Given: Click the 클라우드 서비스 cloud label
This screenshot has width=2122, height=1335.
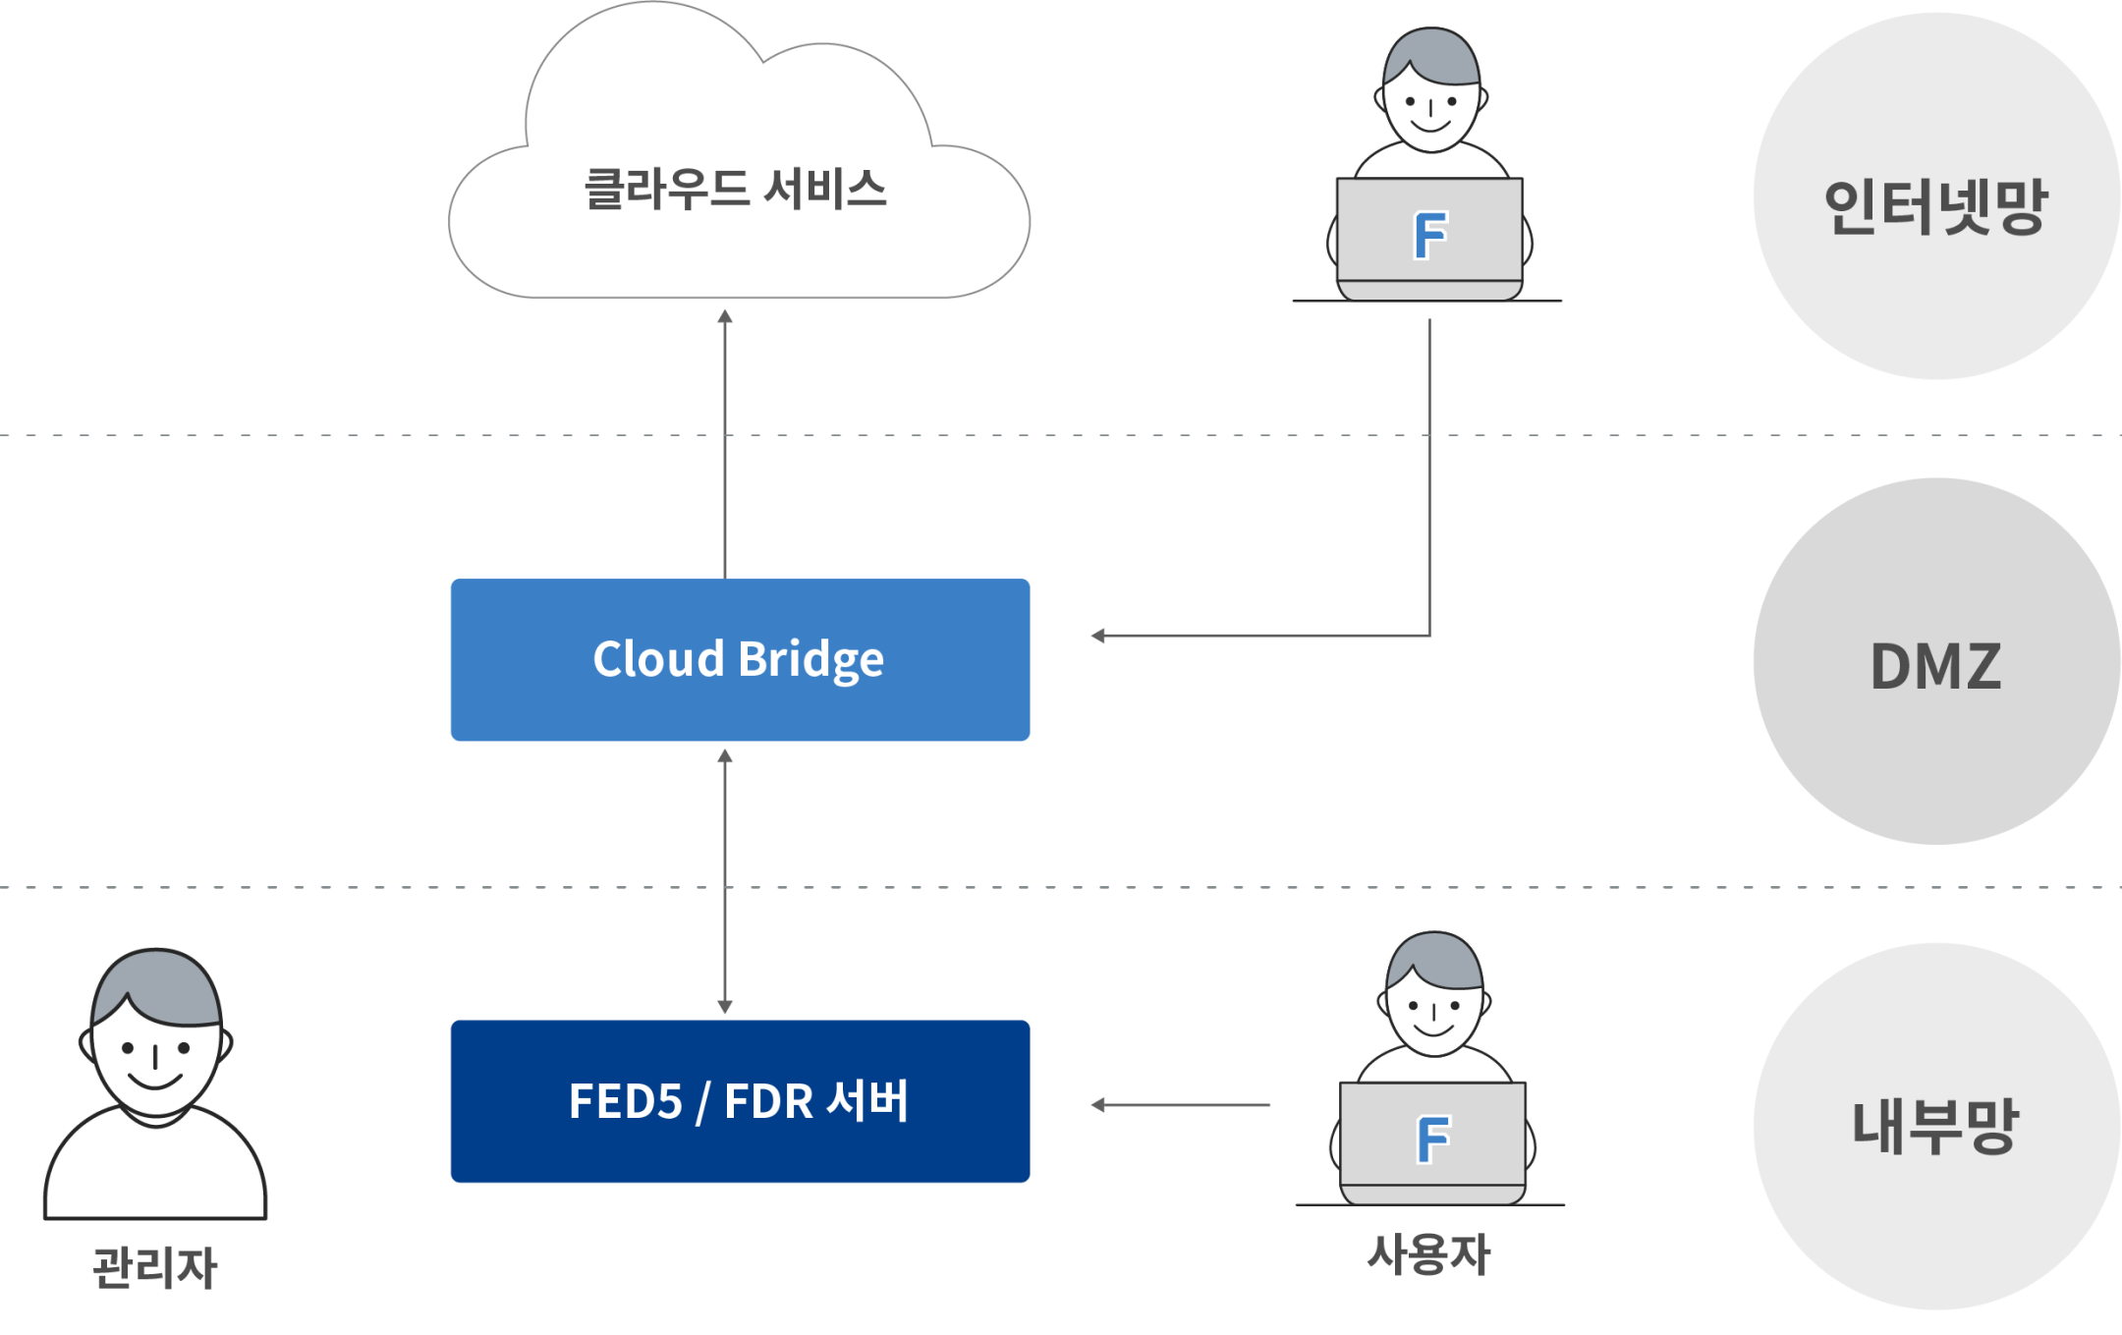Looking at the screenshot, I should [x=735, y=189].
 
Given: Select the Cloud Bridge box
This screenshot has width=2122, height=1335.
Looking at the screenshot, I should [x=740, y=660].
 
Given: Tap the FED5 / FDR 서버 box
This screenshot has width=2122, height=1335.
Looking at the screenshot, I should [x=740, y=1101].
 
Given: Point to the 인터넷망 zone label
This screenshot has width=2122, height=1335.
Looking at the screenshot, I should [x=1934, y=206].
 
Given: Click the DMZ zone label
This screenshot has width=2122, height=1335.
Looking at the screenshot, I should [x=1935, y=667].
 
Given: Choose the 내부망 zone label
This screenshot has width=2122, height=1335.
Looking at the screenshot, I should [x=1934, y=1126].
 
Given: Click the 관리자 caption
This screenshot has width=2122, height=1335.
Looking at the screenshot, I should [x=155, y=1266].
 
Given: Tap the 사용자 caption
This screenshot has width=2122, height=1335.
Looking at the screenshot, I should [x=1429, y=1254].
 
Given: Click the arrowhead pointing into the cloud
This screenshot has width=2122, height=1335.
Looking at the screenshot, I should [x=725, y=316].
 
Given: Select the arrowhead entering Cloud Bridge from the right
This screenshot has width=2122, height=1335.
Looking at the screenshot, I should [x=1097, y=636].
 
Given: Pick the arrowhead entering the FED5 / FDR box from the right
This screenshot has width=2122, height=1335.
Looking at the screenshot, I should [x=1097, y=1105].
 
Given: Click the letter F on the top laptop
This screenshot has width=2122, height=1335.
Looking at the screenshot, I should [x=1430, y=236].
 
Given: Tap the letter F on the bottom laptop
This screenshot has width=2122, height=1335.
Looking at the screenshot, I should [x=1433, y=1140].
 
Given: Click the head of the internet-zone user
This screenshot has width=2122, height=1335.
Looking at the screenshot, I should [x=1430, y=93].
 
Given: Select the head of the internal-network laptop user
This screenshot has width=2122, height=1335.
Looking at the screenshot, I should [x=1433, y=997].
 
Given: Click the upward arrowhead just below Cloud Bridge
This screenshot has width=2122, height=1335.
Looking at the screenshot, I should [x=725, y=756].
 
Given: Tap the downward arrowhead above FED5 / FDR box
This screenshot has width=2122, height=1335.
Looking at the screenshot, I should [x=725, y=1007].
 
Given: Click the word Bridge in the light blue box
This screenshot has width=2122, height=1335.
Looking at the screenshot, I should [x=810, y=660].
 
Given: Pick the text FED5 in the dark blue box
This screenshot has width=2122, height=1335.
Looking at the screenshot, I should [x=625, y=1101].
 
